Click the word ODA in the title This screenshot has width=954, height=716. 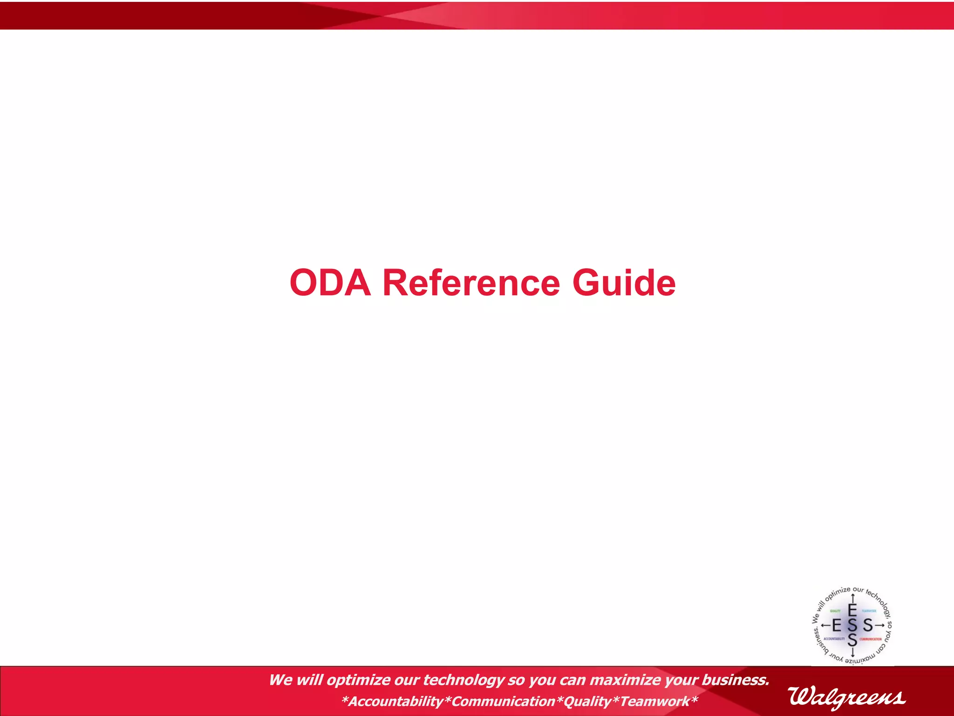click(330, 283)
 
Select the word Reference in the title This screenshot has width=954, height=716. click(471, 283)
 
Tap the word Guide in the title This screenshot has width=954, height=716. click(624, 283)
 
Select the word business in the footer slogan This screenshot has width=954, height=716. click(735, 680)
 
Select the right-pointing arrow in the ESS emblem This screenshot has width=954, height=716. click(879, 625)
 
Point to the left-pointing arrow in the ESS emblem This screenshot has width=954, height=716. click(825, 625)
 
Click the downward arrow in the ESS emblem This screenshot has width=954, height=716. click(852, 653)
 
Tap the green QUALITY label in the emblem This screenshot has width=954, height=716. click(835, 611)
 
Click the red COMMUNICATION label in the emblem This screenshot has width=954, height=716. click(871, 639)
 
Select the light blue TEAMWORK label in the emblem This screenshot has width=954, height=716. click(869, 611)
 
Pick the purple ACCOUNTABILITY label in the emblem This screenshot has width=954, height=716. click(834, 639)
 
